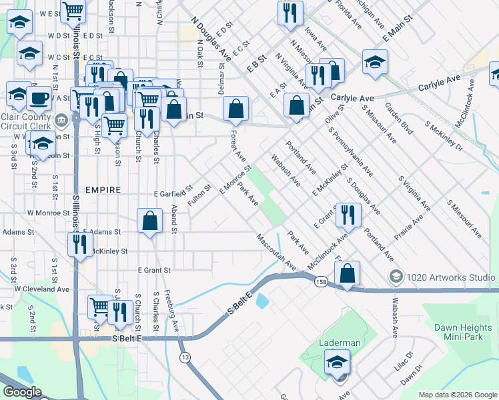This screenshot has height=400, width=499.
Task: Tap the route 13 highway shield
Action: pos(184,359)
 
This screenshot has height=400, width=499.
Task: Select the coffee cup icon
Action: pos(39,99)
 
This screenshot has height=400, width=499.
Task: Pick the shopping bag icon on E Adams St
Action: pos(150,221)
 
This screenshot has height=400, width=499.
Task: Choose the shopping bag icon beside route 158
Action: pos(347,273)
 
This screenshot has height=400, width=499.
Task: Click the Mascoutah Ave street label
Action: pos(276,251)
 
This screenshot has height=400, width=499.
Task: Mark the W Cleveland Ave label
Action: pos(42,289)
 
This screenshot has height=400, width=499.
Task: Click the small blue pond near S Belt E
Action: pos(262,301)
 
